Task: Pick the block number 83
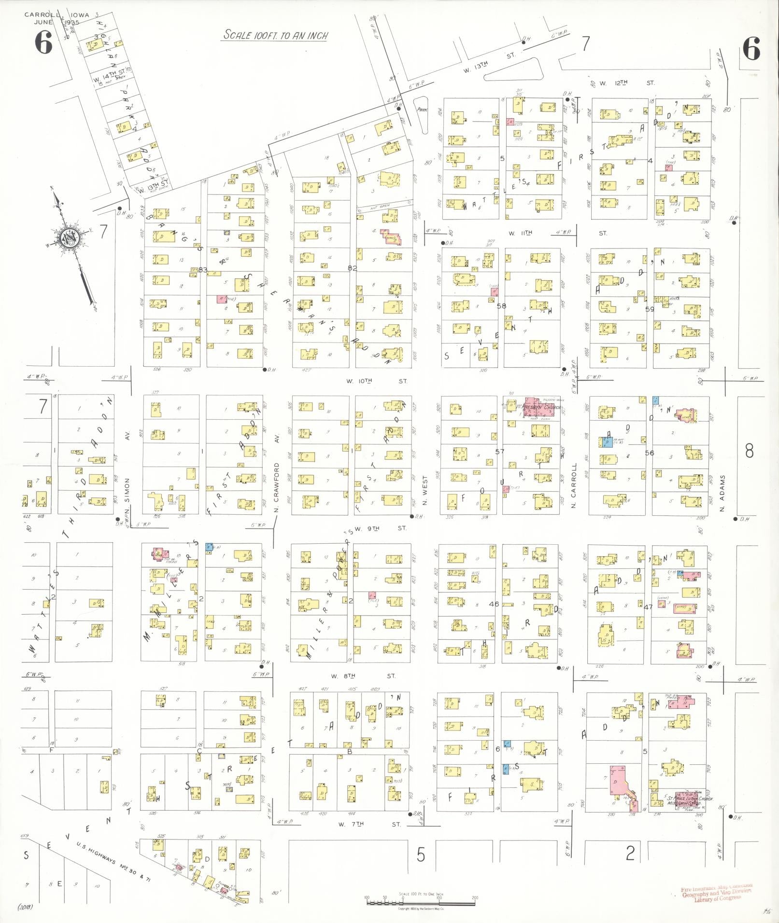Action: [x=203, y=269]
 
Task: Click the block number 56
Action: [x=650, y=453]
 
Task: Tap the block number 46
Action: [x=494, y=604]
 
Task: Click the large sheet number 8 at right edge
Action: [x=749, y=451]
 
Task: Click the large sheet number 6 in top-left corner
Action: [x=43, y=44]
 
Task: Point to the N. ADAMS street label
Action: [x=723, y=488]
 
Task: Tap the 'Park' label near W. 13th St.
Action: [x=423, y=110]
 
